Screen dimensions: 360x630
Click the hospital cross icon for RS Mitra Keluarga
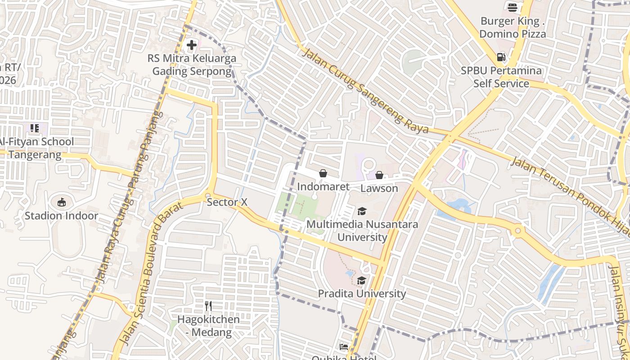192,45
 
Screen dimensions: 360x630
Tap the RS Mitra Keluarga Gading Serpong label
192,65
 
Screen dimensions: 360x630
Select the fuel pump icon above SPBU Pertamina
501,57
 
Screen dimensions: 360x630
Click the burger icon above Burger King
512,7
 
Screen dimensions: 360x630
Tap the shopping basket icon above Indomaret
323,173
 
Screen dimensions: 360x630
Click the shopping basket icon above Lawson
379,175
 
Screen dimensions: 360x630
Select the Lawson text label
379,188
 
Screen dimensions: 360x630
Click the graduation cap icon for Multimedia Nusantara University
362,211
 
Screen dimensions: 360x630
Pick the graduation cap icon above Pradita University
361,281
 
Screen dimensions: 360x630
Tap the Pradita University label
362,294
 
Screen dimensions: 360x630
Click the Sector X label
227,202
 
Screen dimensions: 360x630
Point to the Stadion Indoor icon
62,202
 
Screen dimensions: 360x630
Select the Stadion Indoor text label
61,216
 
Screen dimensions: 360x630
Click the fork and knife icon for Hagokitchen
208,306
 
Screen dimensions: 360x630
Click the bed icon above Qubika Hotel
344,346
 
